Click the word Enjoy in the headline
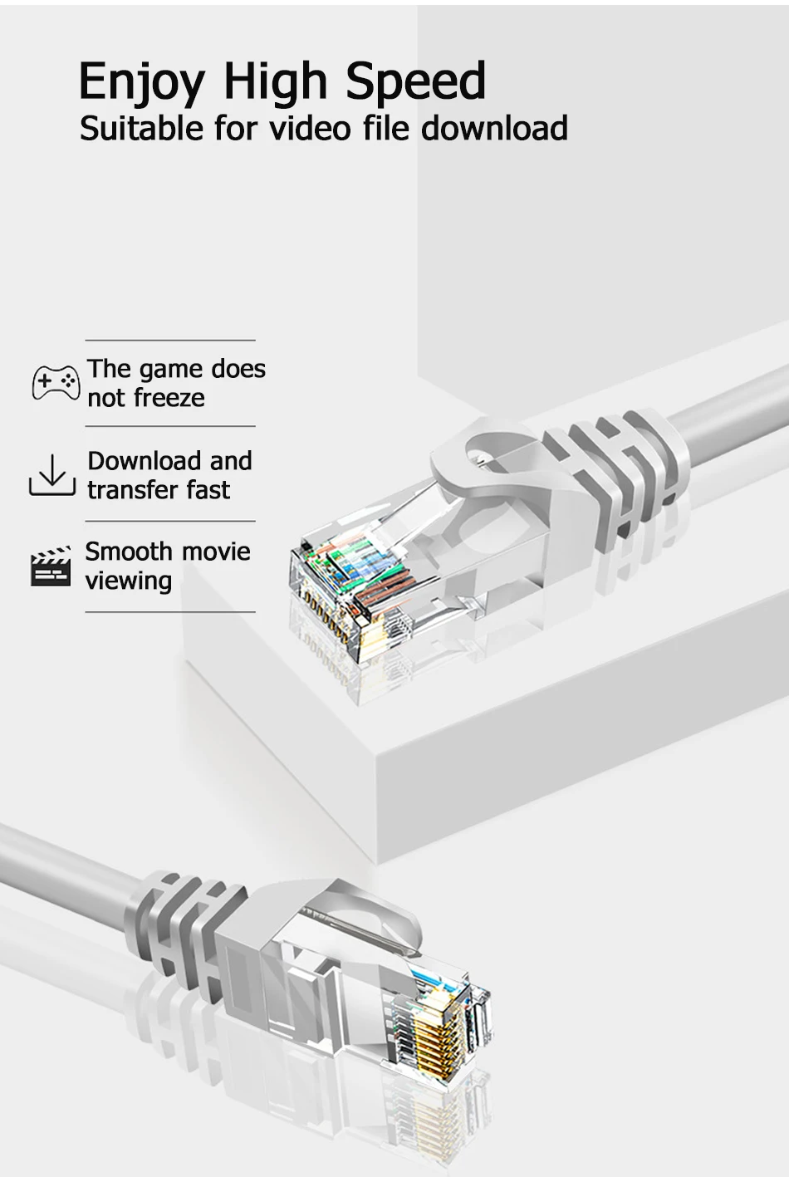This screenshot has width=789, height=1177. click(141, 83)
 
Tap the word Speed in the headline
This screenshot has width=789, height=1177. click(415, 83)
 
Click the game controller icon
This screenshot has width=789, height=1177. click(56, 382)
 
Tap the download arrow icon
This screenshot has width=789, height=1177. click(52, 475)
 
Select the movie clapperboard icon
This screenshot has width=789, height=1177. click(51, 566)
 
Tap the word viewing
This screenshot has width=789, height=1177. click(129, 581)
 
